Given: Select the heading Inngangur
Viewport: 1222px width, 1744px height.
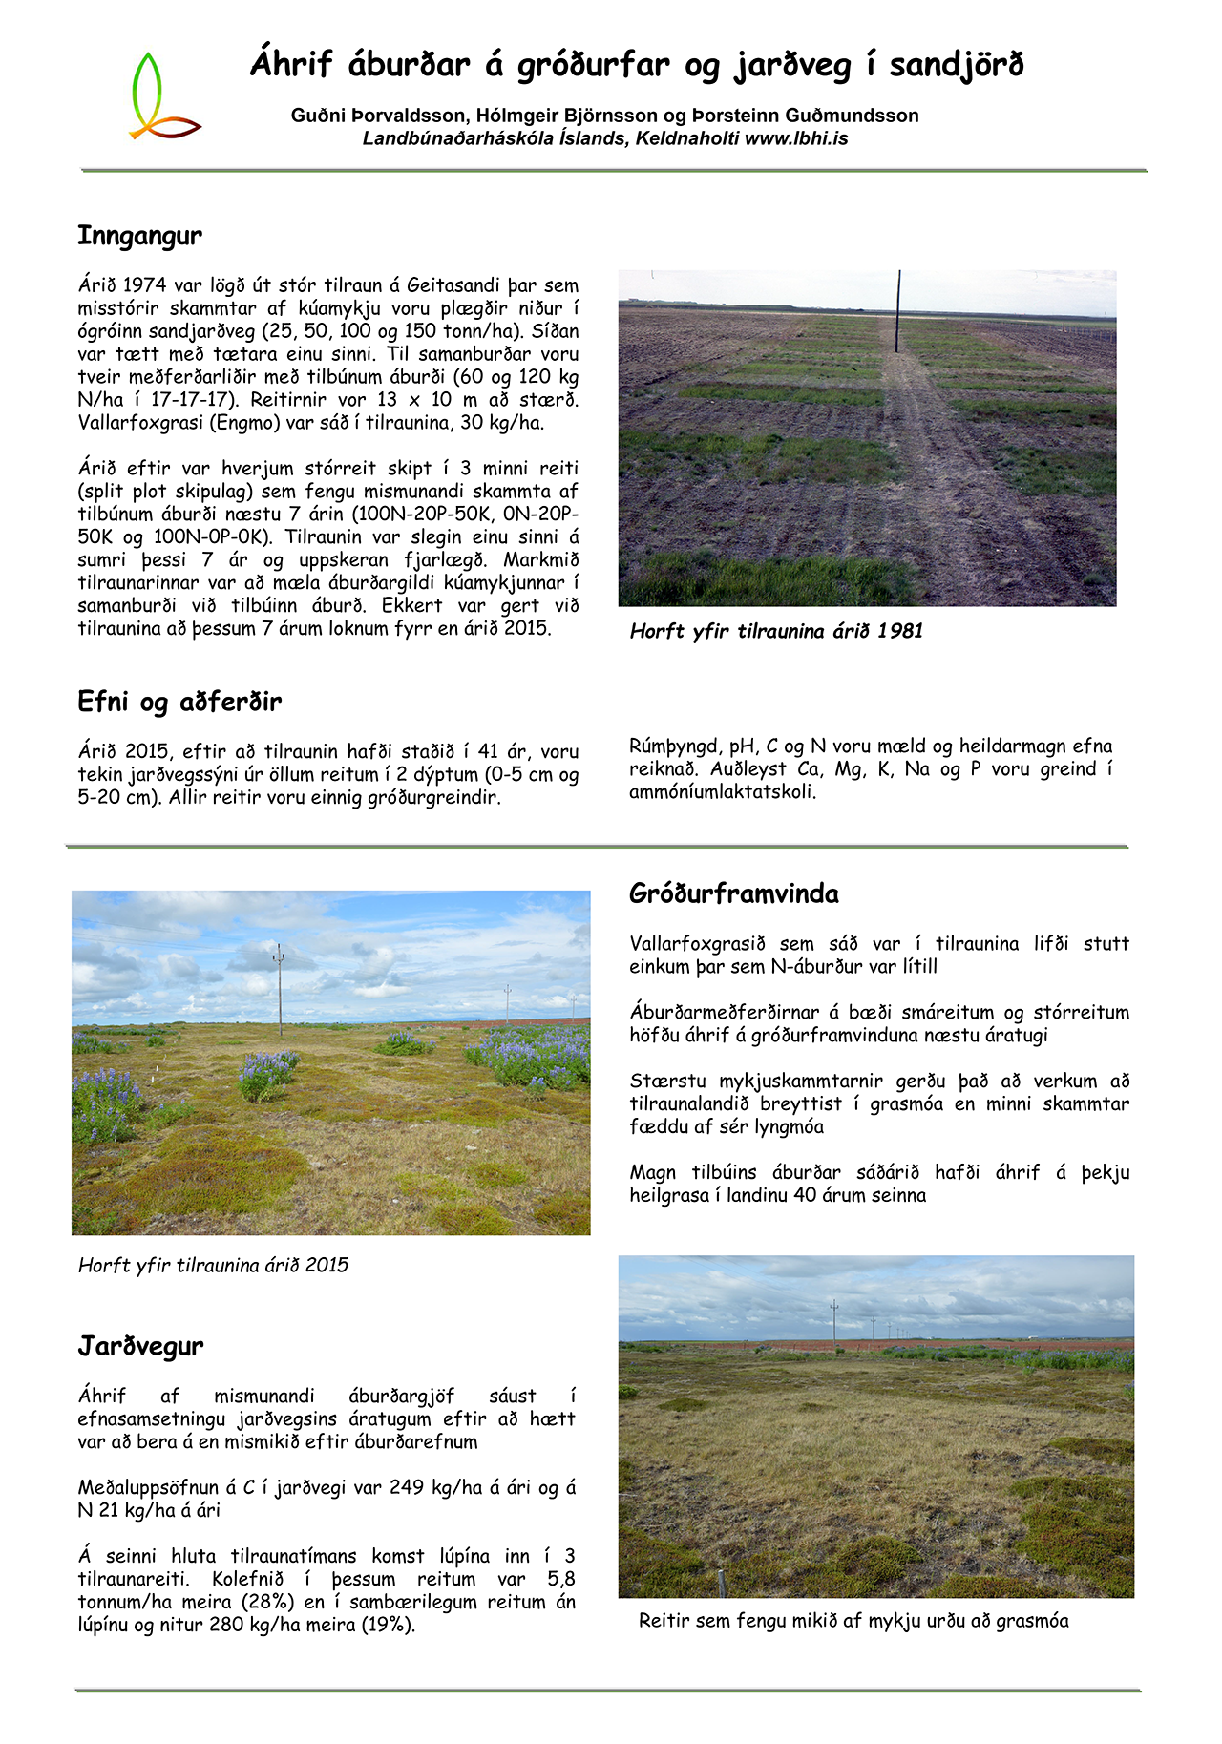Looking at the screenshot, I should coord(139,236).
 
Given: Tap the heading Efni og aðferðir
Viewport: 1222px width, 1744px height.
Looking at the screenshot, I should coord(179,703).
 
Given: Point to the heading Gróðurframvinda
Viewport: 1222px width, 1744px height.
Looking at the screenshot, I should coord(734,894).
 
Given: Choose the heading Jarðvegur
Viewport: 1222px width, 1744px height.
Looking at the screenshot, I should coord(140,1347).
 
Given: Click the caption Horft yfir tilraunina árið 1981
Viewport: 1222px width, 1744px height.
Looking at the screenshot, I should coord(776,631).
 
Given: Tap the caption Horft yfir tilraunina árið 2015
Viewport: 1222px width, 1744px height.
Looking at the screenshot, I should coord(213,1266).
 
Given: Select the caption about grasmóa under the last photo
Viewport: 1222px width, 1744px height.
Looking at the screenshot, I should coord(853,1621).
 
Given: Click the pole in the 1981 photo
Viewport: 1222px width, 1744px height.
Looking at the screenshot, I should coord(898,310).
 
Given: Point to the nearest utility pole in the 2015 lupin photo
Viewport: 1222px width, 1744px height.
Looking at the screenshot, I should coord(279,989).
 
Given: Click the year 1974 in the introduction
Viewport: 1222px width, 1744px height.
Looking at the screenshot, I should coord(145,285).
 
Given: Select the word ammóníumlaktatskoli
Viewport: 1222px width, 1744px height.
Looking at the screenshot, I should coord(723,792).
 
